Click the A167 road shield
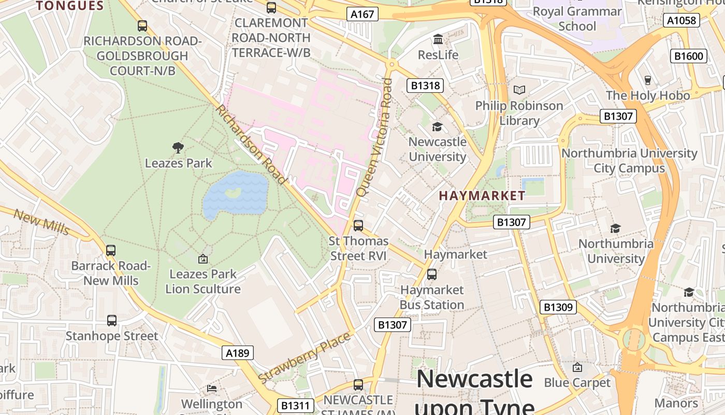point(363,14)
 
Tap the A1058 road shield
point(682,20)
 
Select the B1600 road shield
point(689,56)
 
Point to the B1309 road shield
point(557,307)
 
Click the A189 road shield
point(238,353)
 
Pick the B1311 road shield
point(296,406)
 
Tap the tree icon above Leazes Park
point(178,148)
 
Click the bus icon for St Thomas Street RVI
point(358,226)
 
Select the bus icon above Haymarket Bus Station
point(431,274)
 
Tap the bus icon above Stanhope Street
point(111,321)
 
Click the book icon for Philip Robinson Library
point(519,90)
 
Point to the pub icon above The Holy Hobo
point(647,80)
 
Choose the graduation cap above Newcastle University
point(438,127)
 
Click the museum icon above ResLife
point(438,39)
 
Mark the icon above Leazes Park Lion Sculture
point(203,258)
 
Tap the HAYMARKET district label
point(482,196)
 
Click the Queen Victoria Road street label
point(373,137)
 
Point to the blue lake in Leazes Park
point(236,195)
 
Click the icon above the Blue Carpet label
point(577,367)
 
